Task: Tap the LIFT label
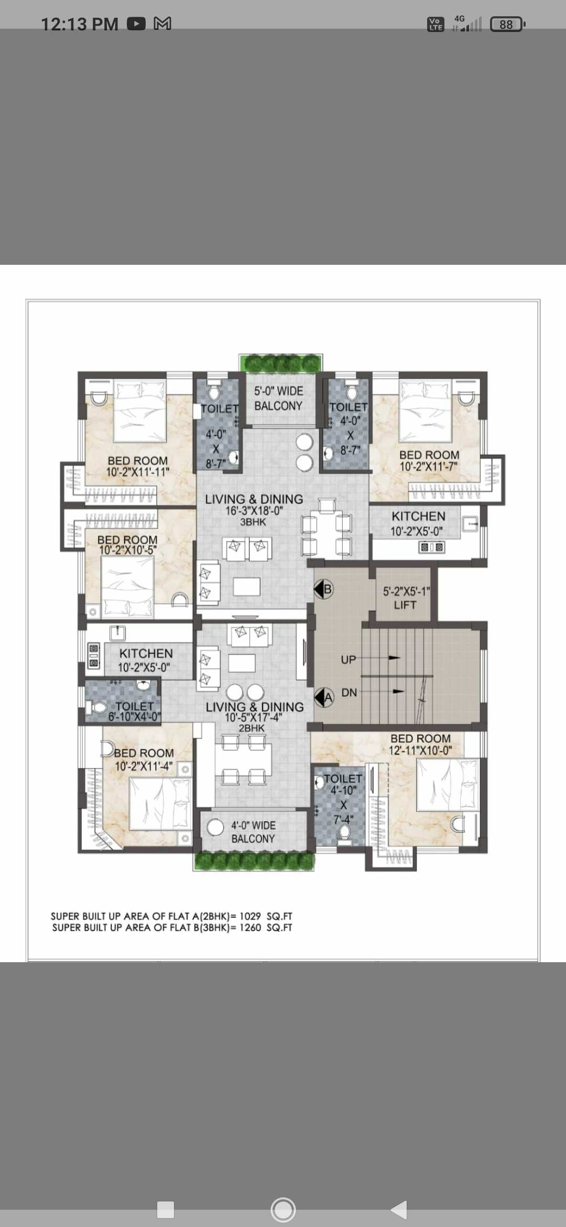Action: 405,605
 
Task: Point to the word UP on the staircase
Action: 349,660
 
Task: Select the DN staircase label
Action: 349,693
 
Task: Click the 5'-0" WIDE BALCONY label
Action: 278,399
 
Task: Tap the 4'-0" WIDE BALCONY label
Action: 253,832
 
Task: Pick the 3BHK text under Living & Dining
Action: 253,522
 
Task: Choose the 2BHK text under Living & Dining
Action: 252,728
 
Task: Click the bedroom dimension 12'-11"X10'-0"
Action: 420,750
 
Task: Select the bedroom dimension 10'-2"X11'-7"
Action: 429,466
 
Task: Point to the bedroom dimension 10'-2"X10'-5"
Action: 128,550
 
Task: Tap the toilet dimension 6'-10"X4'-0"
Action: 135,717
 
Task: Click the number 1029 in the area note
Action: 250,916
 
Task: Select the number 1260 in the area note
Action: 250,928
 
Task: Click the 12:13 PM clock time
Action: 80,24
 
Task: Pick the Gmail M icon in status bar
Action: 162,24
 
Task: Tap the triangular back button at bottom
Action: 399,1209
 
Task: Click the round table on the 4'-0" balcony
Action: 215,827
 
